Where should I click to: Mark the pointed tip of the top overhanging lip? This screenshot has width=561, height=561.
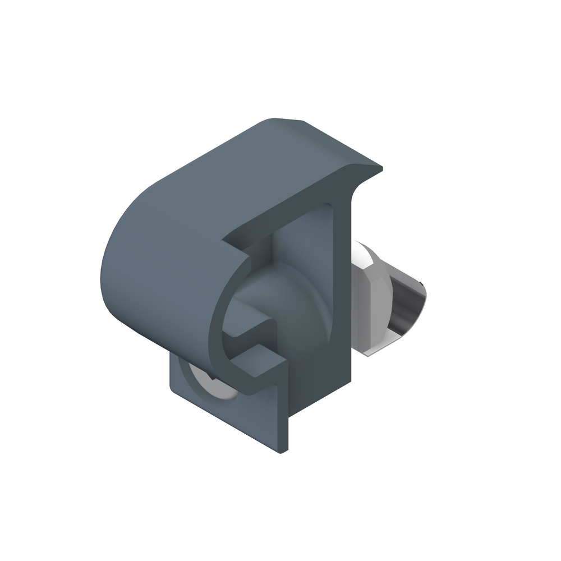pos(381,168)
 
